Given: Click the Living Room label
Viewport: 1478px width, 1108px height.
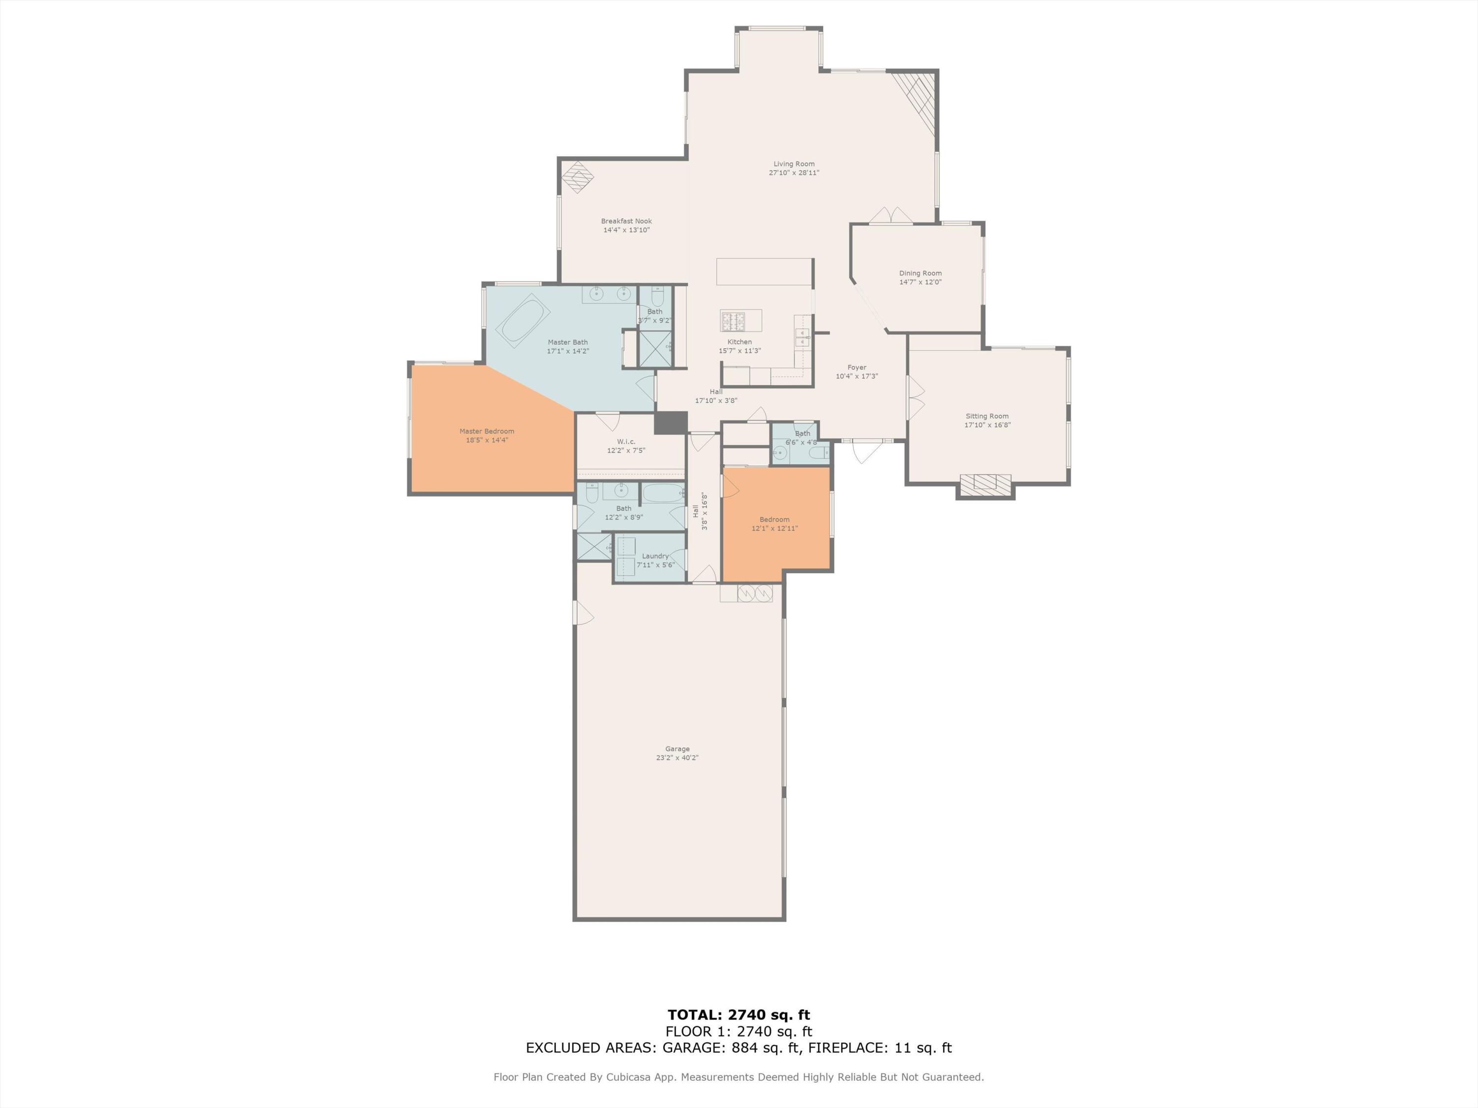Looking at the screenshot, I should (x=794, y=163).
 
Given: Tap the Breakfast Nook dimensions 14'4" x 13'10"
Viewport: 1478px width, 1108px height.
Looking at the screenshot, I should (x=626, y=230).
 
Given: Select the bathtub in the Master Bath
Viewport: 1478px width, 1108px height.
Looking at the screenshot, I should (x=523, y=321).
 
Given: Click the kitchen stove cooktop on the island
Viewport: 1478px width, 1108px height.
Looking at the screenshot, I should (x=732, y=321).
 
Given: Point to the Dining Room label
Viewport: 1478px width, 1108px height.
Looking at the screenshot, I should (x=920, y=273).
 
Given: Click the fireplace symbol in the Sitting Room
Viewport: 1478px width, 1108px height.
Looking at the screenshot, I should (x=985, y=482).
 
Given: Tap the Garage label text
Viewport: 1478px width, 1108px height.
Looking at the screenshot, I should (x=677, y=749).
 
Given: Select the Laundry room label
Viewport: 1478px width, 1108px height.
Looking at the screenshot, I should (x=655, y=555).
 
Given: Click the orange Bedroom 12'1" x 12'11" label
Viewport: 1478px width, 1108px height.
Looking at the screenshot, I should (x=774, y=520).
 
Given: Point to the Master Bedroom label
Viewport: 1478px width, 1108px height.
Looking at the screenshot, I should (x=486, y=431).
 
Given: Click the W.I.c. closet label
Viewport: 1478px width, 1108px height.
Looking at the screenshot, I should (x=626, y=441).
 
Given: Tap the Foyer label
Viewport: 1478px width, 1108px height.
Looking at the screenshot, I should (x=857, y=367).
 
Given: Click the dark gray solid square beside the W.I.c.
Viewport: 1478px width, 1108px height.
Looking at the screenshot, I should (x=670, y=423).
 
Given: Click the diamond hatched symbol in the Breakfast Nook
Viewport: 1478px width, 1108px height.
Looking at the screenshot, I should (x=577, y=177).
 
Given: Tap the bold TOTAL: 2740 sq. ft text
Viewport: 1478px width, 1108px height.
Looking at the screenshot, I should (x=739, y=1015).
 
